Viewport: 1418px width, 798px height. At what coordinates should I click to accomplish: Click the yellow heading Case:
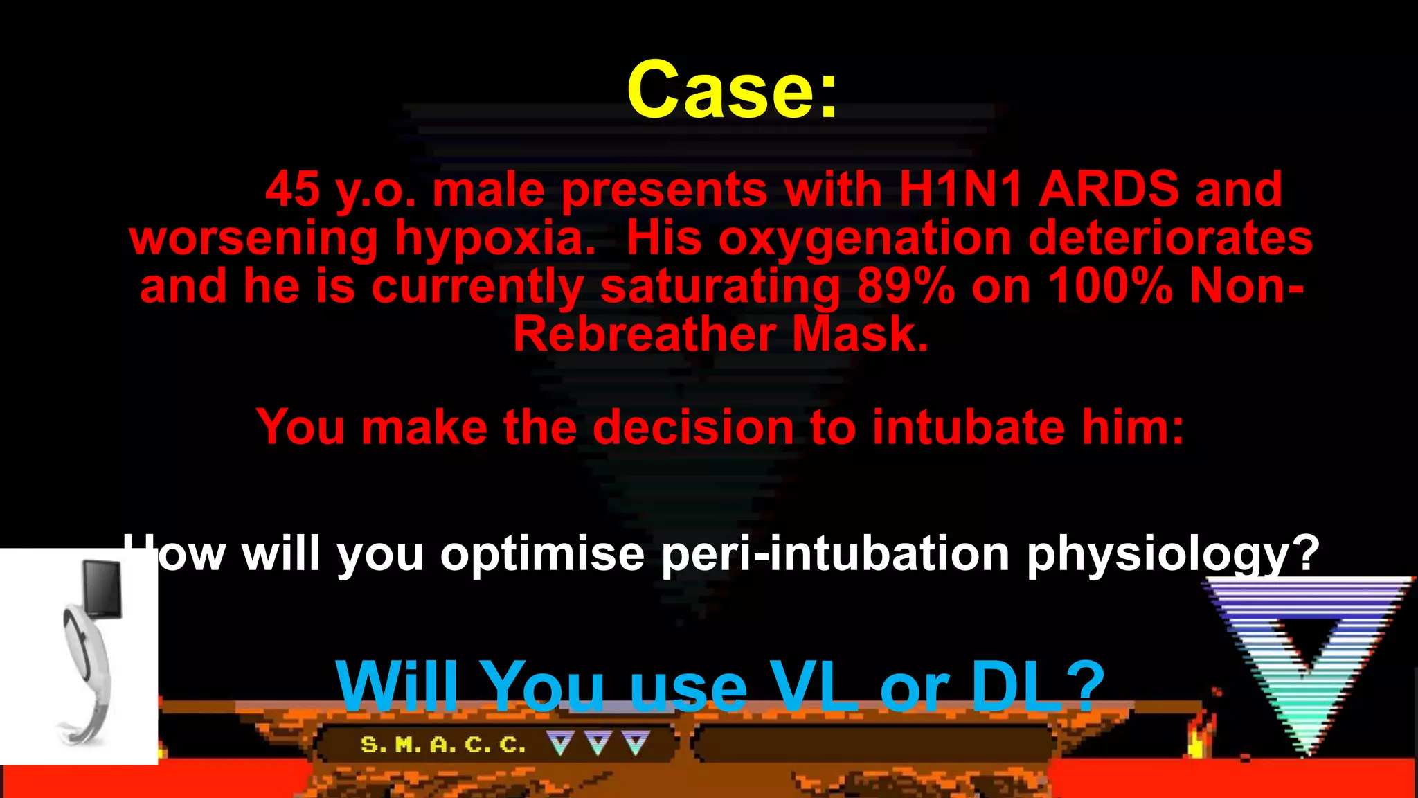tap(732, 90)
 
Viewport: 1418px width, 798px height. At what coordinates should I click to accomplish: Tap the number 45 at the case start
tap(292, 189)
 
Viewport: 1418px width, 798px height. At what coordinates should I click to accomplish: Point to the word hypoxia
tap(495, 239)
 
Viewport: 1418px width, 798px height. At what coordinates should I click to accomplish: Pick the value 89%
tap(906, 286)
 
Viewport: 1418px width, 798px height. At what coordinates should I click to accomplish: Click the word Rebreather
tap(644, 335)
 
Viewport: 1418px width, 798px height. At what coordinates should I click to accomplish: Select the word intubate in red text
tap(967, 427)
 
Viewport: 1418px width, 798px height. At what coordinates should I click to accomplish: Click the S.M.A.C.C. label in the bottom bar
tap(443, 745)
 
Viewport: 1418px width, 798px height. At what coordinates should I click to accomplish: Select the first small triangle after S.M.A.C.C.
tap(560, 743)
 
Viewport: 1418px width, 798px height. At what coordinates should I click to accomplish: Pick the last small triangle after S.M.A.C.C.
tap(636, 743)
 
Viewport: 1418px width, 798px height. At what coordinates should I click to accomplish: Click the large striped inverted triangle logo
tap(1305, 658)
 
